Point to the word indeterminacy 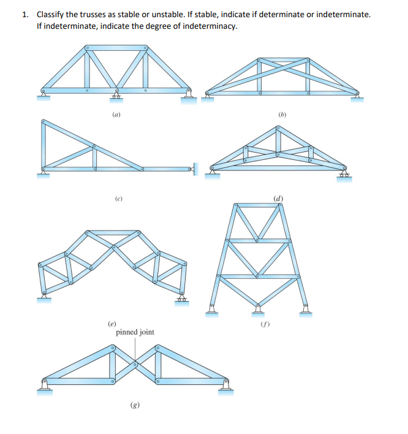tap(214, 27)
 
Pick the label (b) tap(282, 115)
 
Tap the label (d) tap(278, 198)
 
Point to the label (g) tap(134, 405)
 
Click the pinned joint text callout tap(135, 332)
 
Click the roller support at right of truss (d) tap(346, 175)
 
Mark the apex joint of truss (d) tap(279, 128)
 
